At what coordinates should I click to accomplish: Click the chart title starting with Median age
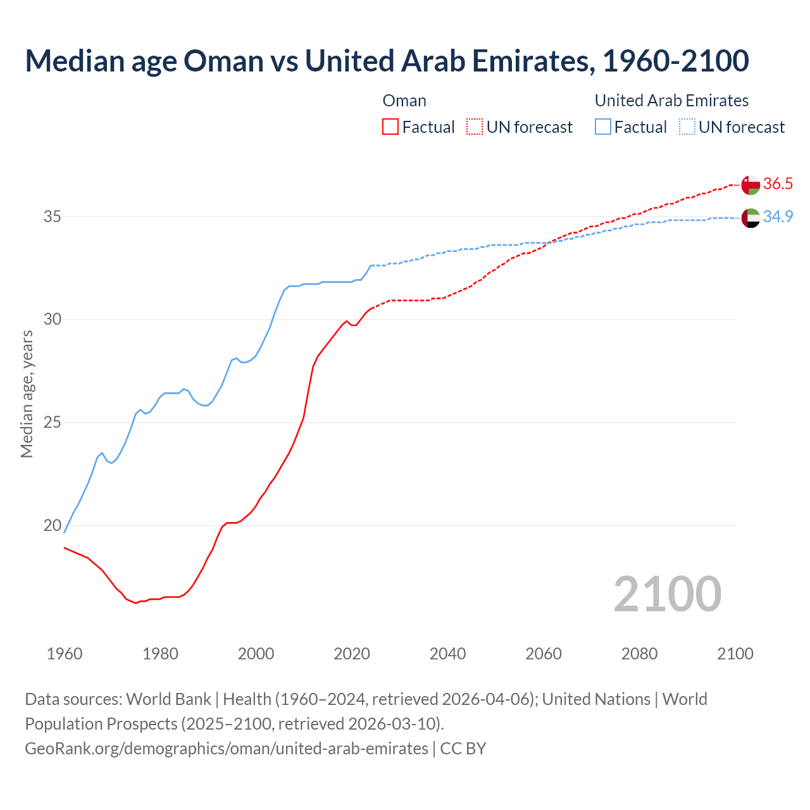click(387, 61)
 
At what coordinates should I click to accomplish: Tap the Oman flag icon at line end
click(751, 185)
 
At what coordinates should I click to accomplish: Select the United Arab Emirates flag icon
click(751, 218)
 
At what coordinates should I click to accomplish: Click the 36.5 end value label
click(778, 184)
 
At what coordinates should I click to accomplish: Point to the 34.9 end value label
click(778, 216)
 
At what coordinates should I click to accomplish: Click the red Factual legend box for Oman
click(390, 127)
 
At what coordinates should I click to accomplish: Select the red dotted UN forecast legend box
click(475, 127)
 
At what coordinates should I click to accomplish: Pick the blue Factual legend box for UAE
click(603, 127)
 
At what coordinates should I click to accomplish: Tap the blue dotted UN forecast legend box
click(687, 127)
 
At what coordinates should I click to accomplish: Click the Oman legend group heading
click(404, 101)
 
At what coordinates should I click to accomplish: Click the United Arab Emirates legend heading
click(671, 101)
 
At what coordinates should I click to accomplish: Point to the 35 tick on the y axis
click(52, 216)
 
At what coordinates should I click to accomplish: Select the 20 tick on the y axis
click(52, 525)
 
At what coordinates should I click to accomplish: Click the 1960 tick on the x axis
click(65, 654)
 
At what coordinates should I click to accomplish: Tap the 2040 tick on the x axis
click(447, 654)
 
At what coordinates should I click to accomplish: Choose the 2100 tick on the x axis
click(735, 654)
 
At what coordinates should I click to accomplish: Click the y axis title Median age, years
click(27, 394)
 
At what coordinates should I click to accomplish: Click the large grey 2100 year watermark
click(667, 594)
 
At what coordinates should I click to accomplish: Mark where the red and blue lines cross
click(548, 242)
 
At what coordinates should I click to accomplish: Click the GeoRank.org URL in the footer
click(227, 749)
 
